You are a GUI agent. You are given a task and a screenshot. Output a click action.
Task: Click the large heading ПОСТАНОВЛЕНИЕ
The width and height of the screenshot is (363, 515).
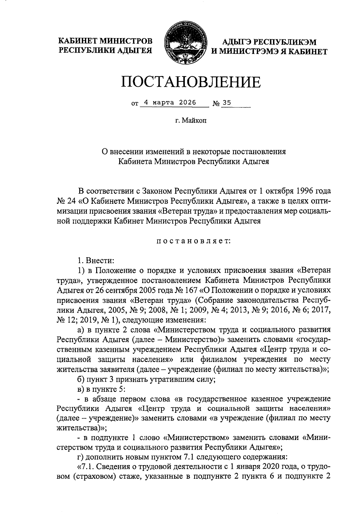pyautogui.click(x=191, y=82)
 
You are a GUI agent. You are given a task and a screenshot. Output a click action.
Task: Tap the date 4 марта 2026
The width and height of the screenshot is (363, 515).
pyautogui.click(x=170, y=103)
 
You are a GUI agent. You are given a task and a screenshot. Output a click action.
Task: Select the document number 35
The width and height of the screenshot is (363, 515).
pyautogui.click(x=227, y=103)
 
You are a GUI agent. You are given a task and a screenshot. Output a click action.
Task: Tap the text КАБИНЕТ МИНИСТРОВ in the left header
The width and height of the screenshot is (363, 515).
pyautogui.click(x=105, y=41)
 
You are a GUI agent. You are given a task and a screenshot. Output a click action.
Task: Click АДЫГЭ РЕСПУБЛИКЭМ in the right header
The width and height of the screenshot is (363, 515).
pyautogui.click(x=269, y=43)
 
